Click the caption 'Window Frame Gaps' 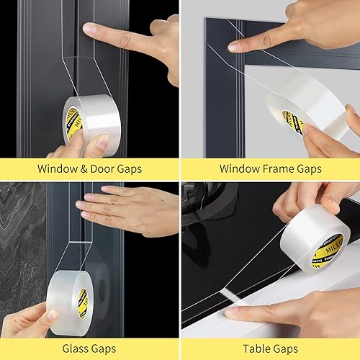point(270,169)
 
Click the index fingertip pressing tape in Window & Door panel point(89,30)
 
